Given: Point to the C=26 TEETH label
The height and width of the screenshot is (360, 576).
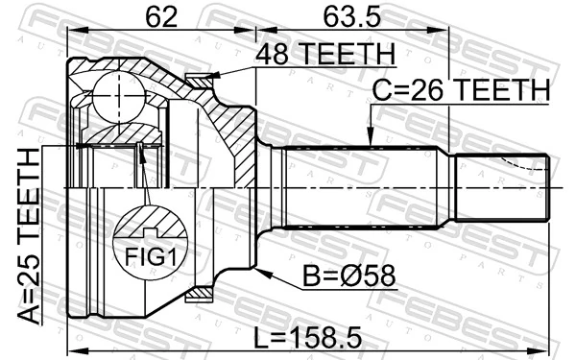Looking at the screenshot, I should (x=461, y=89).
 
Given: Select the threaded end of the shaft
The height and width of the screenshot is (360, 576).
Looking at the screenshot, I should (x=500, y=189).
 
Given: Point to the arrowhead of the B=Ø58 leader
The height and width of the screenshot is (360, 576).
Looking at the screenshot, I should (x=261, y=272).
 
